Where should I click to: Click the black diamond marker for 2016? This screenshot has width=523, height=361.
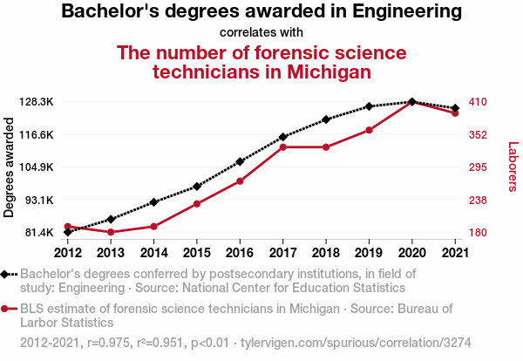click(x=240, y=161)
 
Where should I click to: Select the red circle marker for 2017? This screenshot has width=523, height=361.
click(x=282, y=147)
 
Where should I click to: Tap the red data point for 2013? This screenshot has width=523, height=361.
click(x=111, y=232)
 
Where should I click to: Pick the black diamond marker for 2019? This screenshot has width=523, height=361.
click(x=369, y=106)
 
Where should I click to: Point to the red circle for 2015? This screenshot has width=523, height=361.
click(x=197, y=204)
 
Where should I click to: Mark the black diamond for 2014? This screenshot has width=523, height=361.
click(x=153, y=202)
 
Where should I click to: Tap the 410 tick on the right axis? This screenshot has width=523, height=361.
click(x=477, y=102)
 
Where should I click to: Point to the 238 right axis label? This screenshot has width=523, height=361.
click(x=477, y=200)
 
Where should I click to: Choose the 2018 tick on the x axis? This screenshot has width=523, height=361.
click(x=325, y=253)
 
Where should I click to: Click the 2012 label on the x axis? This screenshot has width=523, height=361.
click(x=68, y=253)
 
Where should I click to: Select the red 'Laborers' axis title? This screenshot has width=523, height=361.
click(x=513, y=167)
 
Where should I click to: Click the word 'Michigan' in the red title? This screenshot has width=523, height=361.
click(x=320, y=72)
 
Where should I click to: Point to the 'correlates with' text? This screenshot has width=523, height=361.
click(x=261, y=33)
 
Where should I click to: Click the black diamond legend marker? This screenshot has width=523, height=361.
click(x=7, y=274)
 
